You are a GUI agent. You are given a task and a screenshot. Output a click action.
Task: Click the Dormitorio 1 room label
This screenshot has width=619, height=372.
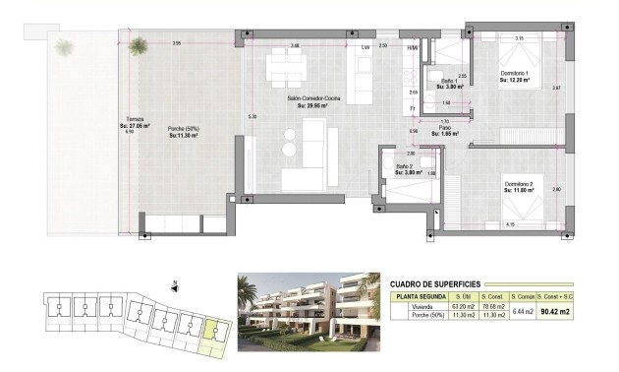[x=513, y=74]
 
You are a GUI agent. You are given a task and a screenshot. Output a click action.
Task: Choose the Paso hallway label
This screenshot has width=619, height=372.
[x=444, y=128]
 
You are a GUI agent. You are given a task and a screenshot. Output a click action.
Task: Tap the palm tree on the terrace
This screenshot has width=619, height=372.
[x=139, y=43]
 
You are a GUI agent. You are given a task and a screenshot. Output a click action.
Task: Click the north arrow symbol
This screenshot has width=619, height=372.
[x=174, y=287]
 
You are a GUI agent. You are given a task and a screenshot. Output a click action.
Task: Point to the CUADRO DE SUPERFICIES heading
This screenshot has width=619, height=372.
[x=436, y=281]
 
